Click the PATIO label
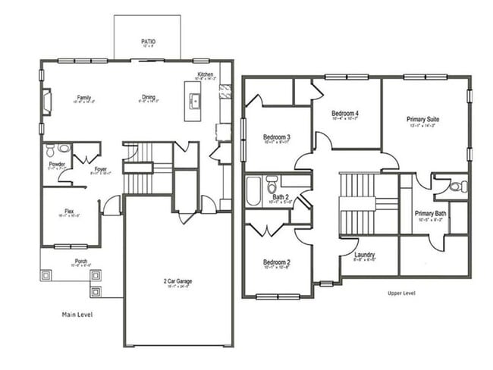(x=149, y=42)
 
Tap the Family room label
(x=83, y=97)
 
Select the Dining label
(x=149, y=97)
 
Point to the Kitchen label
(x=206, y=74)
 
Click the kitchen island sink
(x=194, y=100)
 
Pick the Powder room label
(x=57, y=164)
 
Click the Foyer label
(x=101, y=170)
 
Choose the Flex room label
(x=69, y=212)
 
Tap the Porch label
(x=80, y=262)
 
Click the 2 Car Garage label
(x=177, y=281)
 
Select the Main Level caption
(x=77, y=312)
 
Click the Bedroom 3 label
(x=277, y=137)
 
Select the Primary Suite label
(x=423, y=120)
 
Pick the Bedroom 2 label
(x=277, y=262)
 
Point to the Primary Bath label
(x=430, y=214)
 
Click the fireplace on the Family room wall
(x=46, y=101)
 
